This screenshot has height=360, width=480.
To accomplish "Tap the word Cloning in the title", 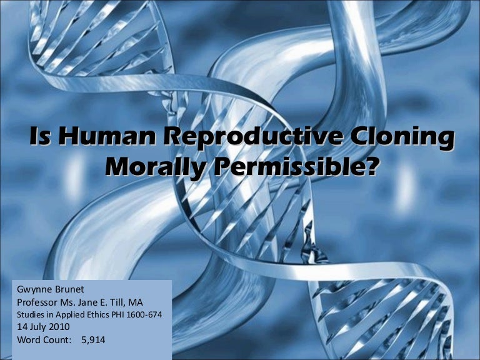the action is point(402,137).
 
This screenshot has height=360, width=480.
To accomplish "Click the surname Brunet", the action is point(69,289).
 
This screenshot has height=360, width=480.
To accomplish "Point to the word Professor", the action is point(37,302).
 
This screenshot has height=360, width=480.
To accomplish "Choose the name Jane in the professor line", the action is point(88,302).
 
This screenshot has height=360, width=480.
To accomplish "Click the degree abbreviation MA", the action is point(135,302).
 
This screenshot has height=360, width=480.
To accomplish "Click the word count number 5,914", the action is point(93,340).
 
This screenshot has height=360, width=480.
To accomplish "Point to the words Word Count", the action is point(44,340).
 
